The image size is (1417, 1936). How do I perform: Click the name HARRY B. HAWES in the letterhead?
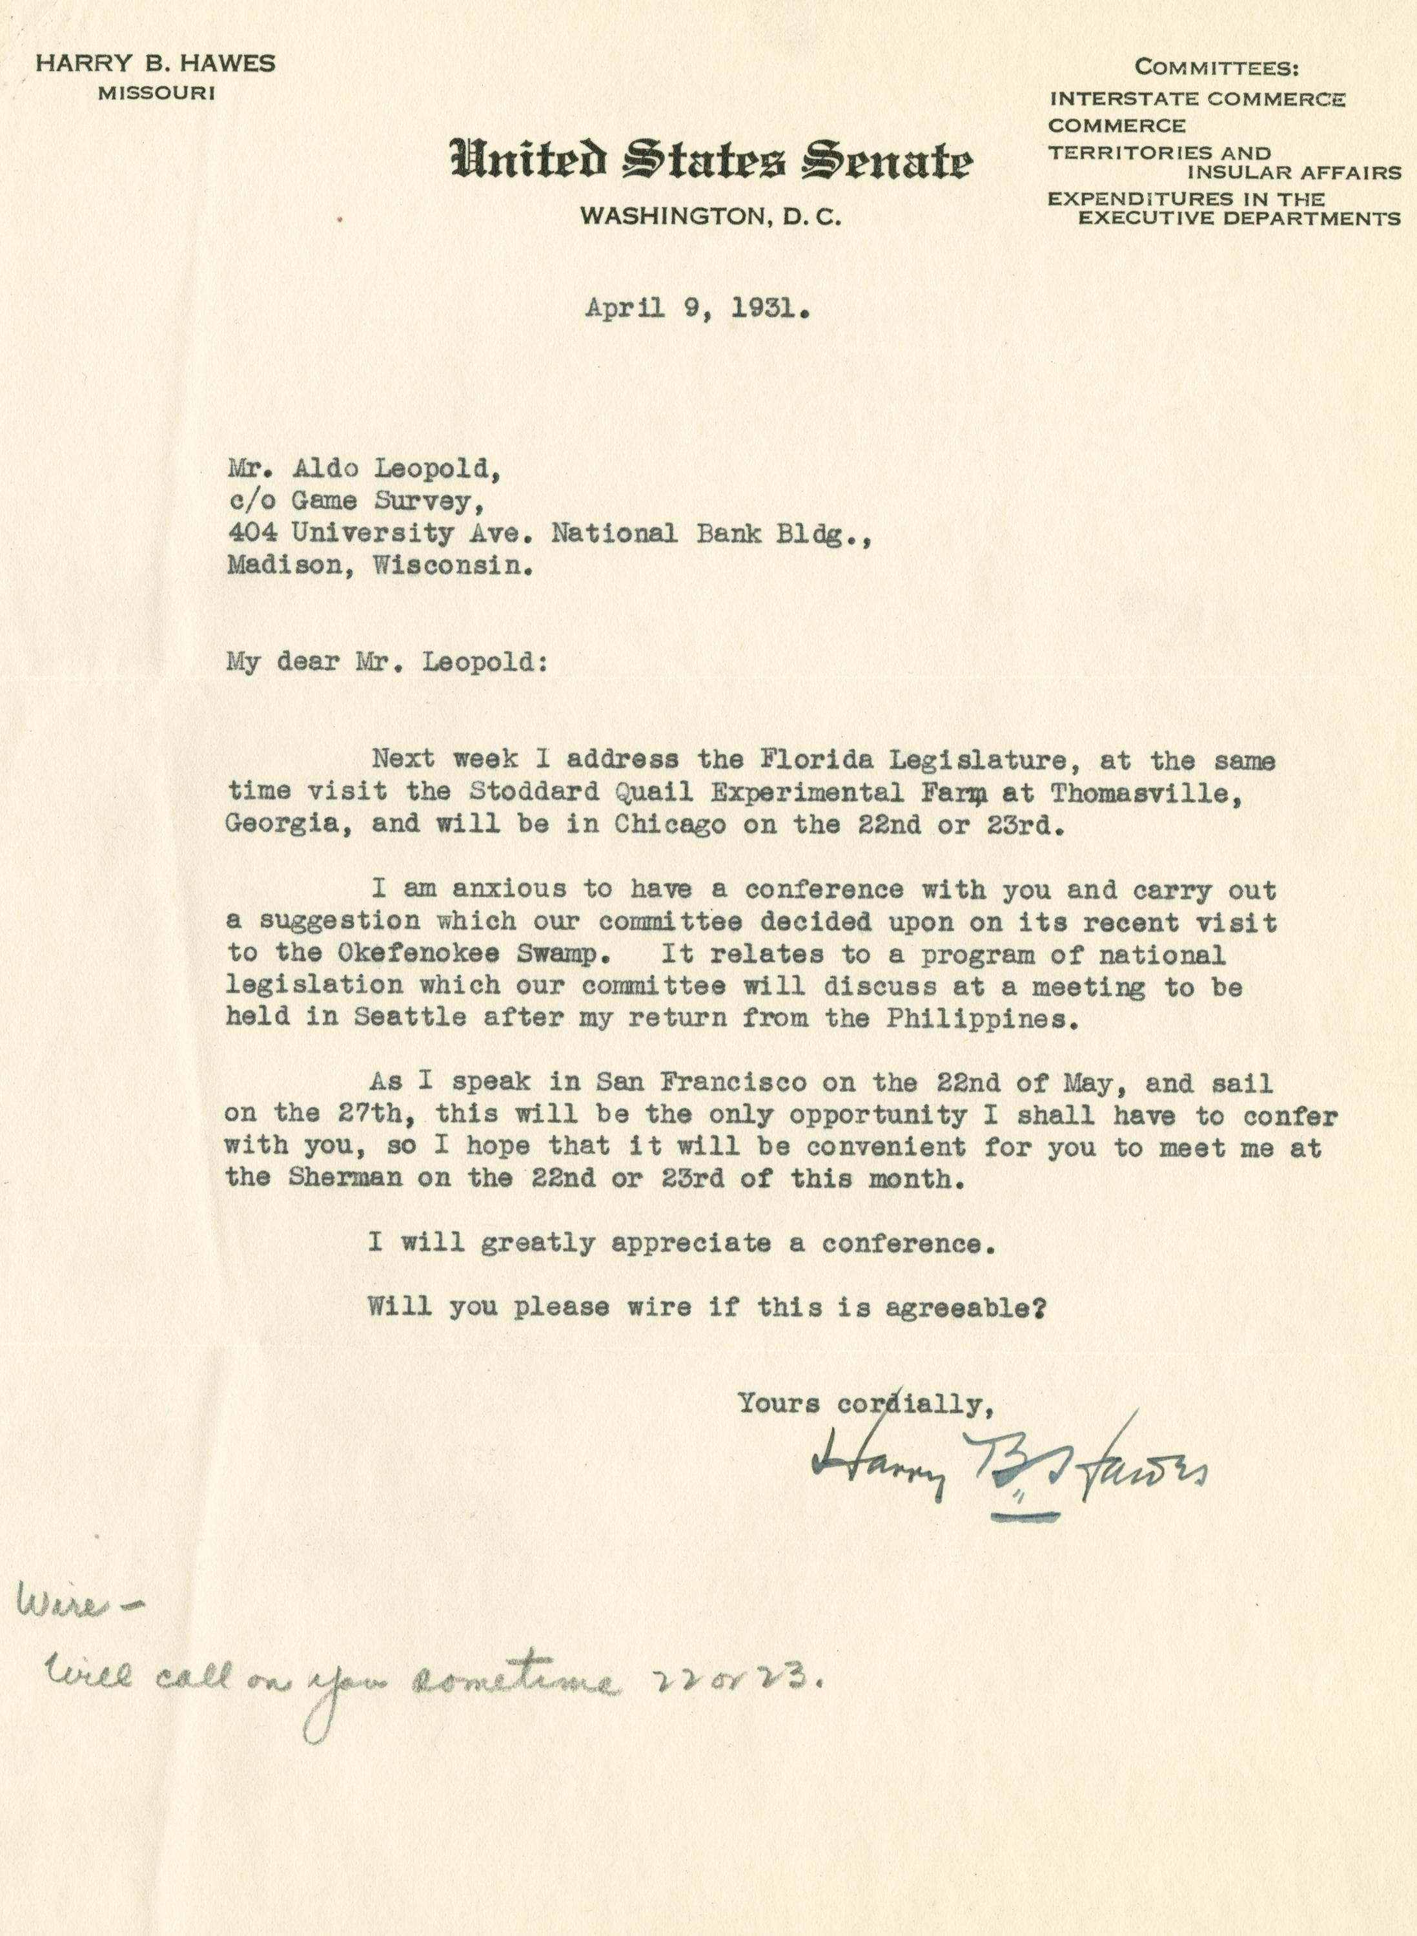[155, 63]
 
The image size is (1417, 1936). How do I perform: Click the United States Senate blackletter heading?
[711, 160]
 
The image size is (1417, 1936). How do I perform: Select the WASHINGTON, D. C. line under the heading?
[710, 217]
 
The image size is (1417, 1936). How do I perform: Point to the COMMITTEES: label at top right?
[1216, 67]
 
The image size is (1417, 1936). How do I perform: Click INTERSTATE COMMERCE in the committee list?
[1197, 99]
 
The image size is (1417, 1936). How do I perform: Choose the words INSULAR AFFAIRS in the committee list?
[1294, 172]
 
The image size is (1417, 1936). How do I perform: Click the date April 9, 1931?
[697, 309]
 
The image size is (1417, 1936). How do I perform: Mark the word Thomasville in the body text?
[1146, 793]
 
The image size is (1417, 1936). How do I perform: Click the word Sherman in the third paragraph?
[345, 1179]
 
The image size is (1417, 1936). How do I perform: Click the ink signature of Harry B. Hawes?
[1010, 1468]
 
